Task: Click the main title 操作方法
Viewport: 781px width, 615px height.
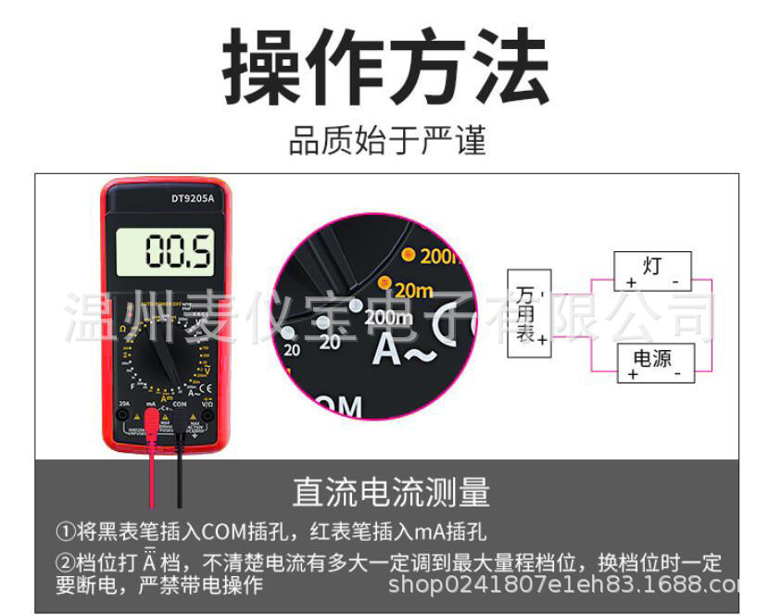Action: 387,67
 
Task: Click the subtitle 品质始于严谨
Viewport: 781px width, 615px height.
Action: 387,142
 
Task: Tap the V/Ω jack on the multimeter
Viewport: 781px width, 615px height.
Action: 208,417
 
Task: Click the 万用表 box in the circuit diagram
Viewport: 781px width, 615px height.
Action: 529,314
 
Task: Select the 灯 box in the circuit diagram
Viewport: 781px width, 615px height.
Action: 652,270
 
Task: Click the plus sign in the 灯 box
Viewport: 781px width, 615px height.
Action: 631,282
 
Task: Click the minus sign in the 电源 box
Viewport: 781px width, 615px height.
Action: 677,374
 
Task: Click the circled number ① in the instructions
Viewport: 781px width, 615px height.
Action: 64,532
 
